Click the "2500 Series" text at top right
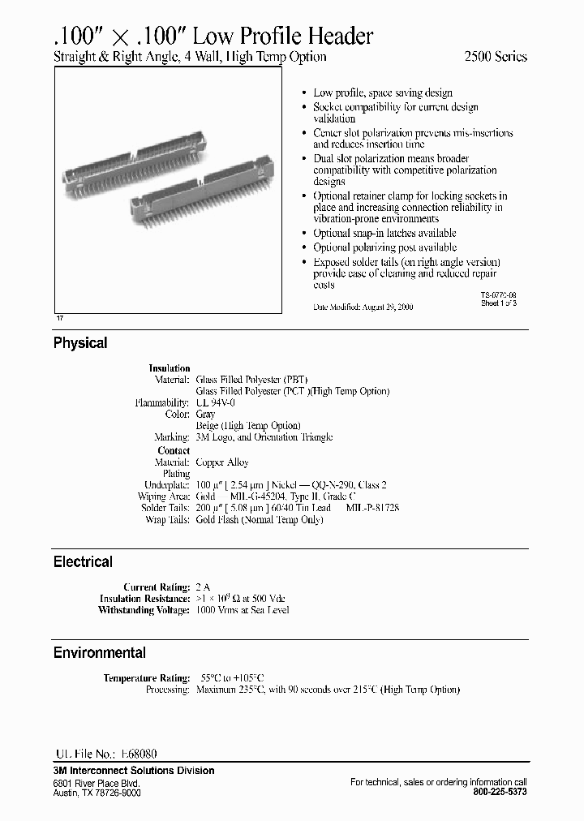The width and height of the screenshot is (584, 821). (496, 57)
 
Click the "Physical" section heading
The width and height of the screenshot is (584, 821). (80, 343)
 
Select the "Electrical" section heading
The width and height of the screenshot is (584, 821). (83, 561)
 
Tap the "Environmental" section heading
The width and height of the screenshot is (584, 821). (100, 652)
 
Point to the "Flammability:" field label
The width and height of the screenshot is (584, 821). (162, 402)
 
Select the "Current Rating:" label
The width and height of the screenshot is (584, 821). (157, 587)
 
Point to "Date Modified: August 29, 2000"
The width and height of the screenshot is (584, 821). (363, 307)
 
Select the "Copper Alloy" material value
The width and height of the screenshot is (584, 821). (222, 462)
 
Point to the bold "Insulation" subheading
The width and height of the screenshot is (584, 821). (170, 368)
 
